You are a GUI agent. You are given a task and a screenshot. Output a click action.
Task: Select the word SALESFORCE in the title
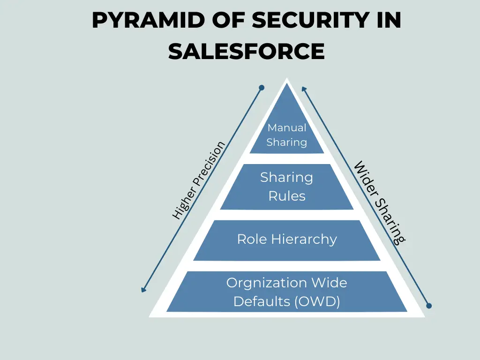246,51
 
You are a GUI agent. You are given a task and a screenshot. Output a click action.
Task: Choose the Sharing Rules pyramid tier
287,187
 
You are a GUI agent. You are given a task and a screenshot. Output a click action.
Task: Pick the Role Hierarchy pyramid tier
287,240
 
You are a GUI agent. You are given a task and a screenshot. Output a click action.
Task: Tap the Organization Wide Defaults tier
287,292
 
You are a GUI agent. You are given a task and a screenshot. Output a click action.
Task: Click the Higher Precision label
199,181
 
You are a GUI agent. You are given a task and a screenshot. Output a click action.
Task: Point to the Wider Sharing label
380,202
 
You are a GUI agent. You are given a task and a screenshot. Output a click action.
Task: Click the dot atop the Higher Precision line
262,88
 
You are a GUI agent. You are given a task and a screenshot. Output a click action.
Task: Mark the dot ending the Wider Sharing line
428,306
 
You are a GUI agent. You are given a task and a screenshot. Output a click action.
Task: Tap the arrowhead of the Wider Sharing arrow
304,89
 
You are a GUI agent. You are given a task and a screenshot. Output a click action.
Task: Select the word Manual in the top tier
287,127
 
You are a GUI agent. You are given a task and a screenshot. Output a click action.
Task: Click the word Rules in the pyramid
287,196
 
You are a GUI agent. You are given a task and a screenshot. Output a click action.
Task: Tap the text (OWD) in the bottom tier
318,301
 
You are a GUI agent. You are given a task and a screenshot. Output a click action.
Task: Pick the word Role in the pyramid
249,240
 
